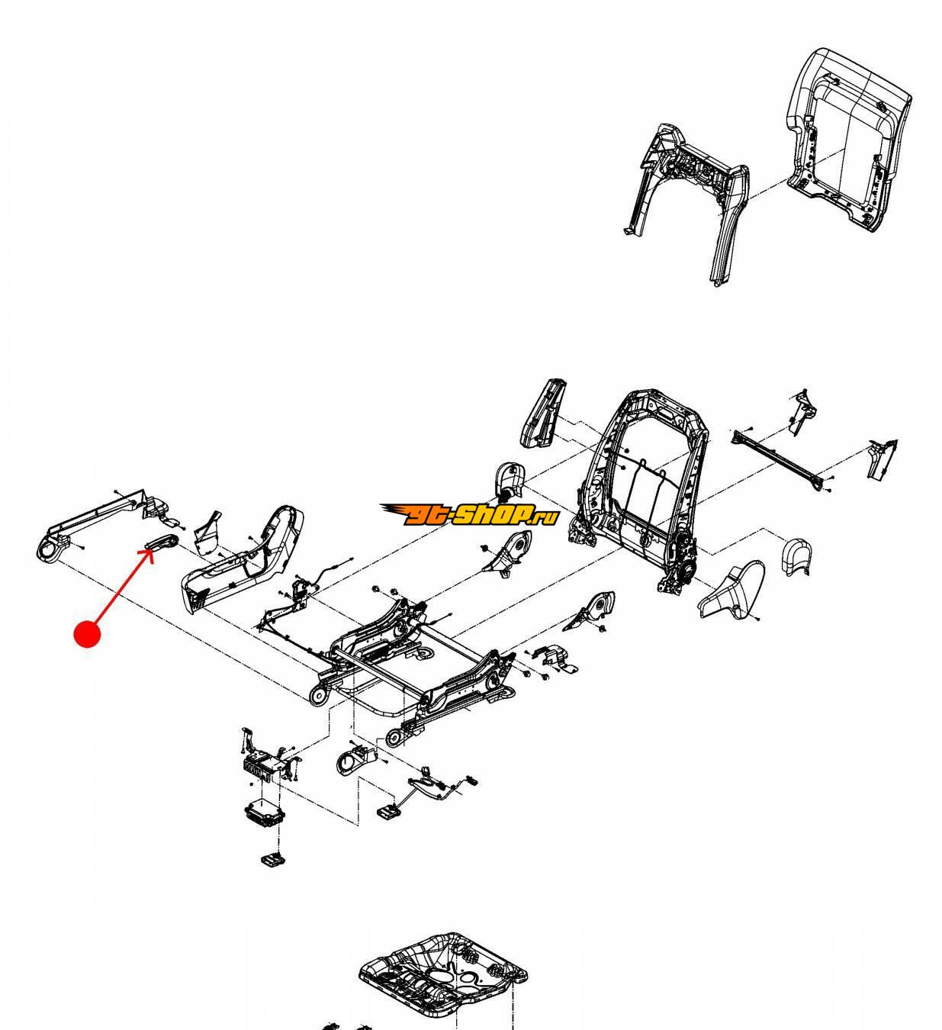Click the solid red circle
(88, 634)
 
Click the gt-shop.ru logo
(469, 515)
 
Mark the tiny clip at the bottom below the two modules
(272, 860)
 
